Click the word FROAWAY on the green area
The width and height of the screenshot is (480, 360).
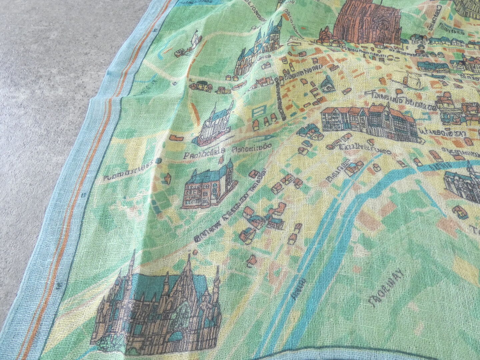pyautogui.click(x=385, y=285)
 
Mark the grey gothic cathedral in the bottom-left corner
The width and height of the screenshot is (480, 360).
pyautogui.click(x=157, y=303)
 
